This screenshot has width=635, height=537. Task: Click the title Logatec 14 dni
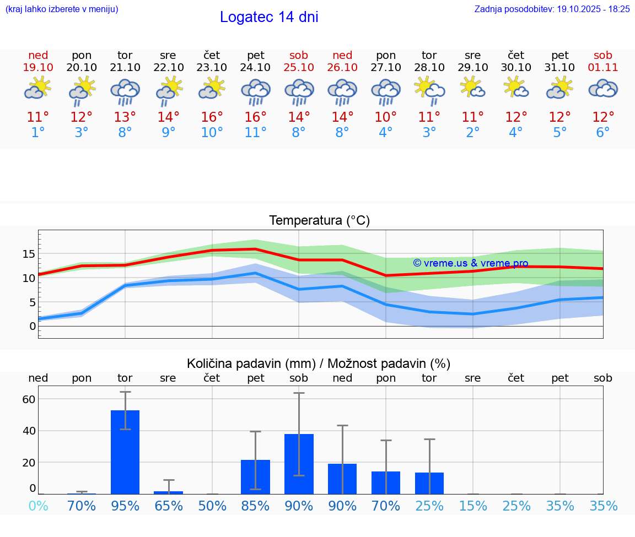pos(269,17)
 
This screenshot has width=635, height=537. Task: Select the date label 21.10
pos(125,68)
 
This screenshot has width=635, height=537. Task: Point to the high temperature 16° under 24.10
pos(256,117)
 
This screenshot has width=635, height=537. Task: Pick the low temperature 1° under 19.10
pos(38,133)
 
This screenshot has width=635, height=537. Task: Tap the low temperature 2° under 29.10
pos(472,133)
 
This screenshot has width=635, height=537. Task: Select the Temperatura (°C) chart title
pos(320,221)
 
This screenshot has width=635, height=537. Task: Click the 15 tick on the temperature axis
pos(29,254)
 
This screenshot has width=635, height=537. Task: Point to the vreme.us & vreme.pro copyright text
pos(471,263)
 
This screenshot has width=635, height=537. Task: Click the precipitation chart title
pos(319,364)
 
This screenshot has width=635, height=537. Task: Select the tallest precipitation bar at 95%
pos(125,452)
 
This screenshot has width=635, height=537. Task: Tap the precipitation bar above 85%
pos(256,476)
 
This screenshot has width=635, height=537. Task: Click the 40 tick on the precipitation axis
pos(29,431)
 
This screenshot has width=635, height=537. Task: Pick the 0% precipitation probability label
pos(38,506)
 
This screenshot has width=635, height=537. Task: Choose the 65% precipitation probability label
pos(169,506)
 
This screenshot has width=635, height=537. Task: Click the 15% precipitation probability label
pos(472,506)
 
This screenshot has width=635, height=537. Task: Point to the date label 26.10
pos(342,68)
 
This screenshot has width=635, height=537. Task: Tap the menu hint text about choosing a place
pos(62,9)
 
